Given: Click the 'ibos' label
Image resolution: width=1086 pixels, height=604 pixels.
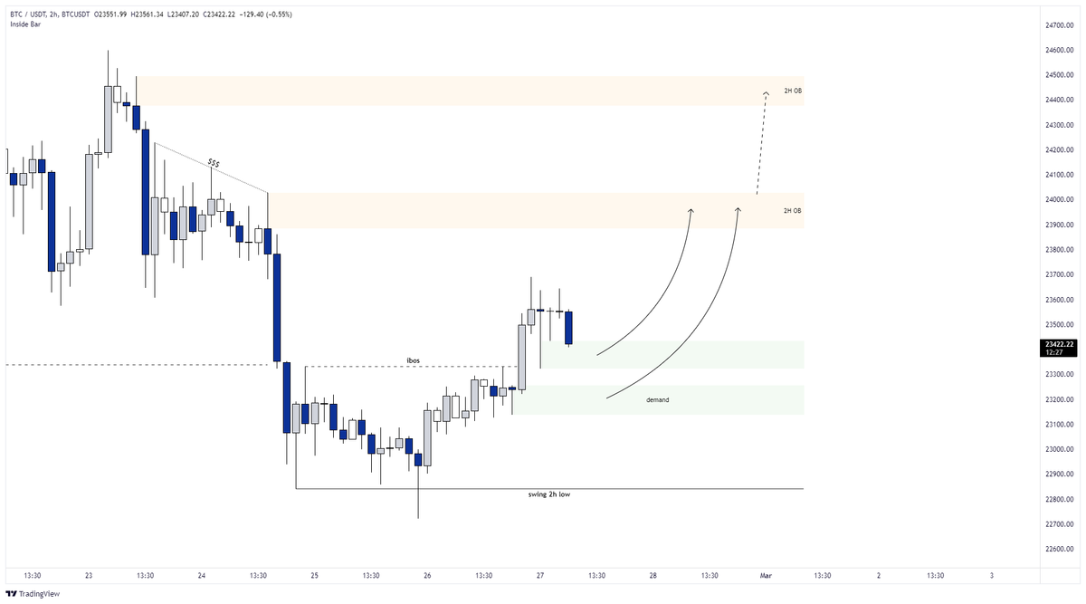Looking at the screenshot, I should pyautogui.click(x=412, y=360).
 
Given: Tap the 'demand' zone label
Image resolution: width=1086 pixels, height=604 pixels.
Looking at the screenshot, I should pyautogui.click(x=657, y=399).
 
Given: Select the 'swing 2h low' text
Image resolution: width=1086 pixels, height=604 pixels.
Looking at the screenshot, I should pyautogui.click(x=548, y=494).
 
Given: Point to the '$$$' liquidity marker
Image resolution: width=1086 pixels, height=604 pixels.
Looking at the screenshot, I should pyautogui.click(x=214, y=163).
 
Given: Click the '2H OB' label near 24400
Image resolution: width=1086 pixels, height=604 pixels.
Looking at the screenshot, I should pyautogui.click(x=792, y=91).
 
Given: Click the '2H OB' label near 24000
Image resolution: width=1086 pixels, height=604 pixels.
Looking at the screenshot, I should pyautogui.click(x=792, y=210).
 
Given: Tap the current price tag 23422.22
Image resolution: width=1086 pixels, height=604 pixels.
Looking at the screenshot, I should pyautogui.click(x=1057, y=344).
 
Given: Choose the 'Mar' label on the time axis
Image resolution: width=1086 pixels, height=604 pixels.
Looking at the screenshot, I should pyautogui.click(x=766, y=575).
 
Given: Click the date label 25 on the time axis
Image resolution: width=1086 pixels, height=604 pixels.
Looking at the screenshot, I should pyautogui.click(x=314, y=575).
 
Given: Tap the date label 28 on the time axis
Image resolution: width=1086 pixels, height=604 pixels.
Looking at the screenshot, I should pyautogui.click(x=653, y=575).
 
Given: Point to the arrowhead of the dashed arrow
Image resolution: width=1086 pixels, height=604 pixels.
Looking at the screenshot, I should pyautogui.click(x=766, y=91).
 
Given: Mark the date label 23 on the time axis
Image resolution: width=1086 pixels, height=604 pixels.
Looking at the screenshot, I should pyautogui.click(x=89, y=575).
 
